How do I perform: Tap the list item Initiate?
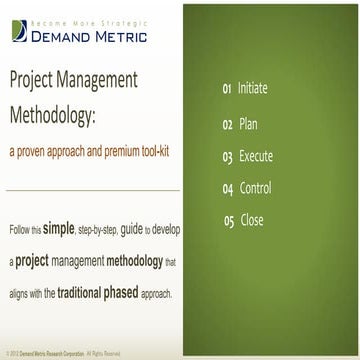(x=255, y=89)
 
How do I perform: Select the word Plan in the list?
(x=249, y=124)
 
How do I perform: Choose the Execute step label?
(x=255, y=156)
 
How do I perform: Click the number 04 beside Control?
(x=228, y=188)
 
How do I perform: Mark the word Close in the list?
(x=251, y=220)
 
